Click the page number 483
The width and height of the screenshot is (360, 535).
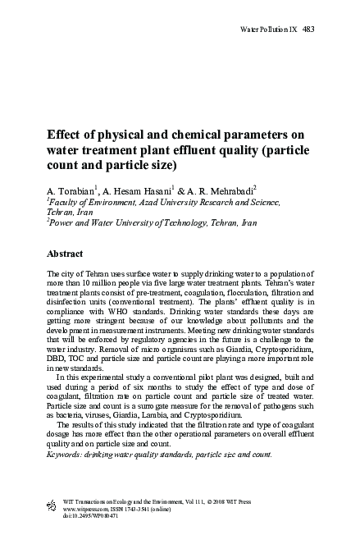[309, 29]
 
